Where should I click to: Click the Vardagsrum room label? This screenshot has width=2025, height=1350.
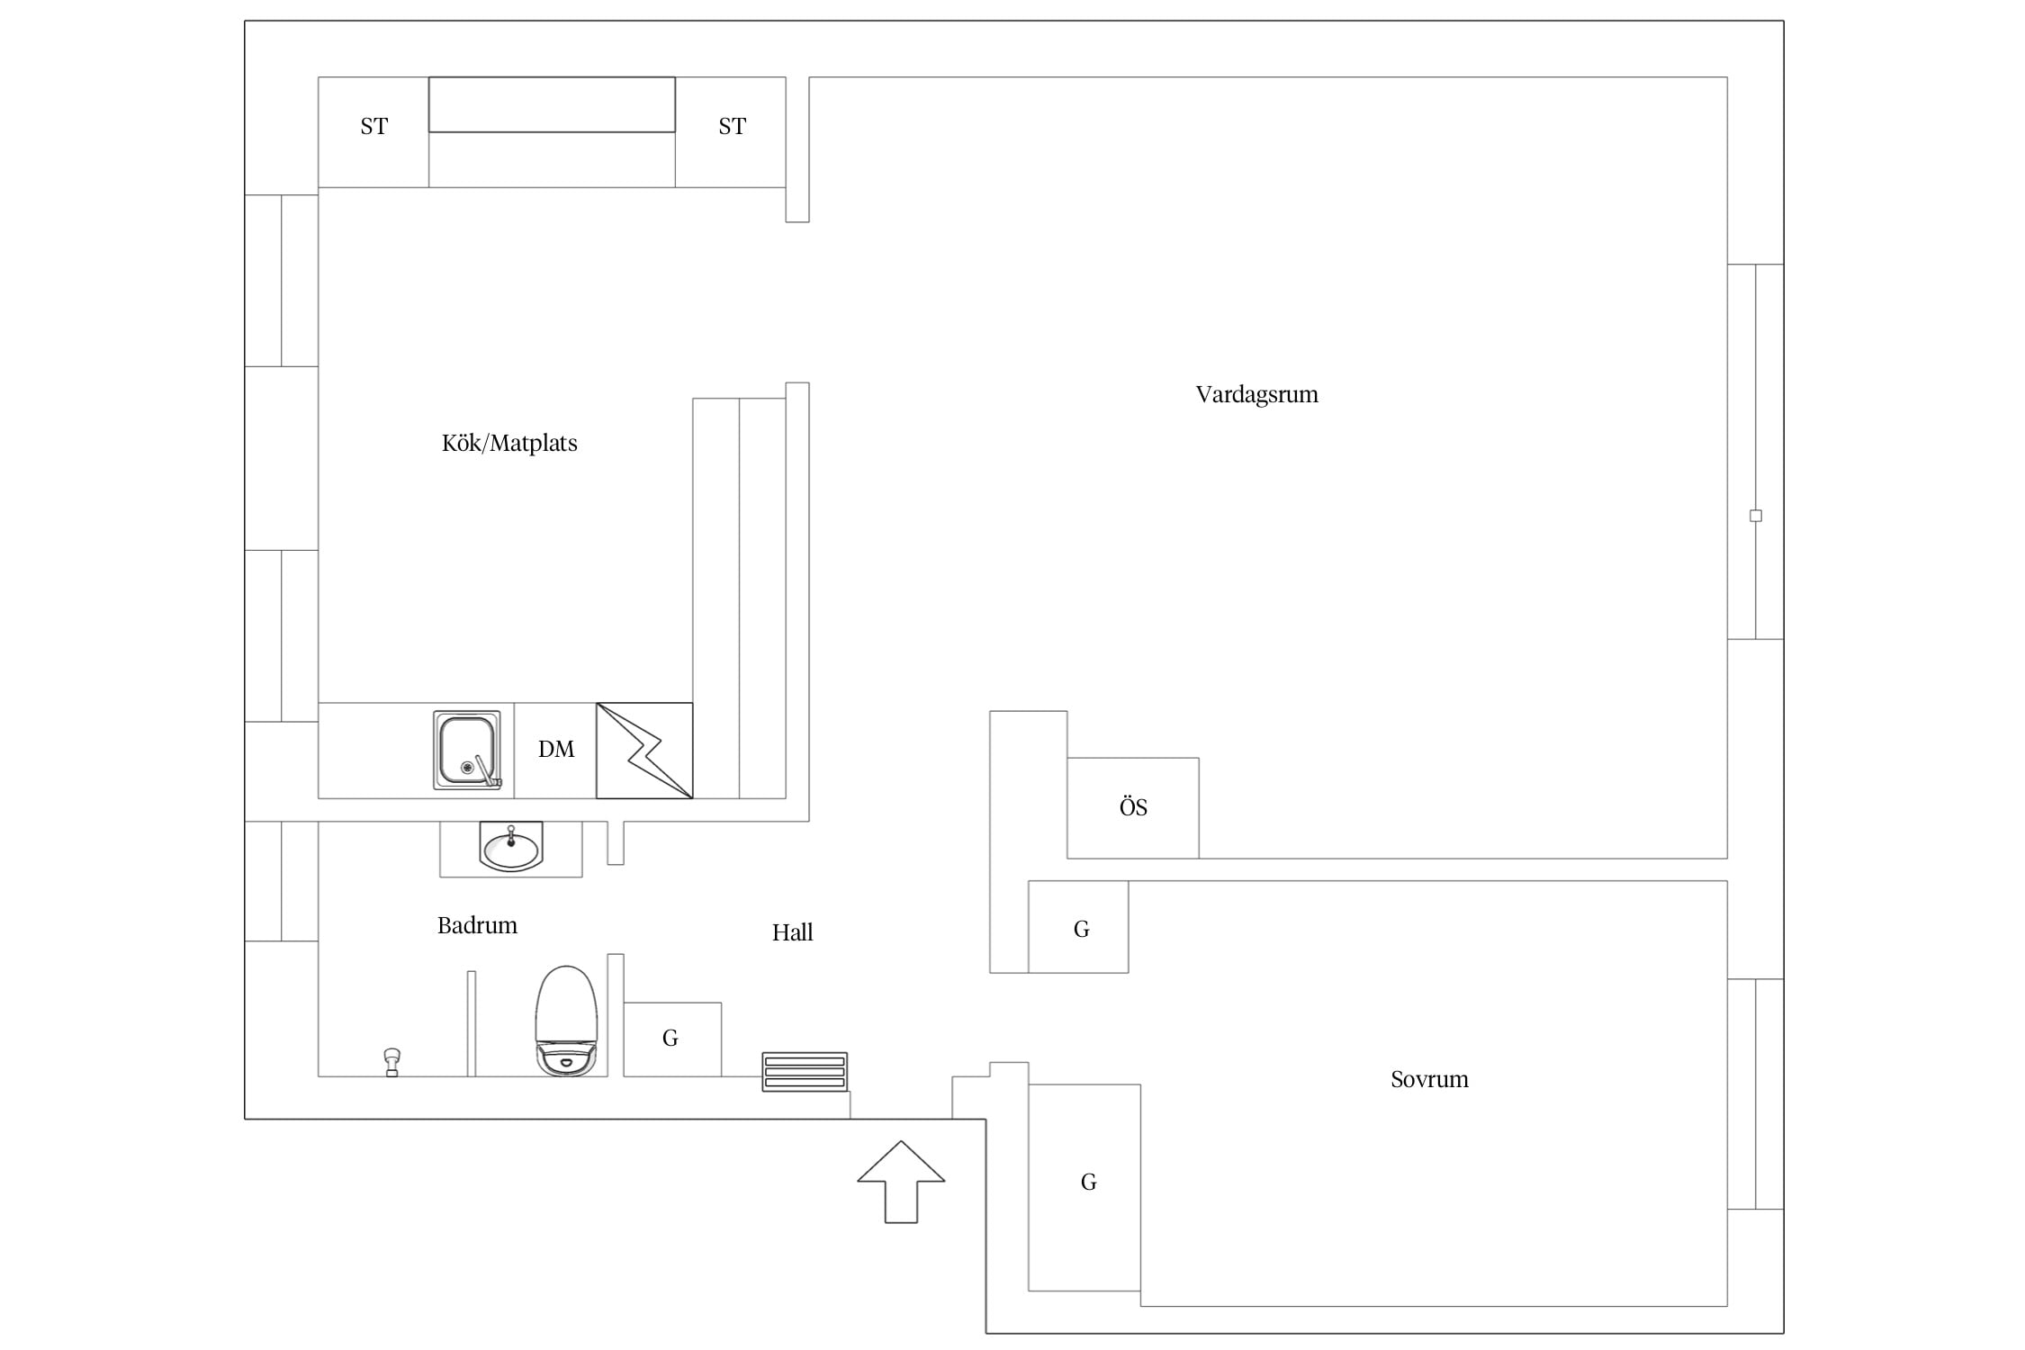point(1256,395)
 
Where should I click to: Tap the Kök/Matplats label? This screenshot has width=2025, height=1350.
point(509,443)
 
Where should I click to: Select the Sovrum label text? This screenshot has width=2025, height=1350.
point(1429,1079)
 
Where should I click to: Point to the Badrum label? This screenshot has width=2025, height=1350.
point(477,925)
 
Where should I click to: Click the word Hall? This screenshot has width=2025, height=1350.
point(792,932)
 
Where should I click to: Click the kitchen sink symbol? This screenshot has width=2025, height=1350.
point(467,750)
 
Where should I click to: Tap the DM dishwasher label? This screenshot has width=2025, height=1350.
point(556,750)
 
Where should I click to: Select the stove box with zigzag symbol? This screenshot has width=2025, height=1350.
point(644,751)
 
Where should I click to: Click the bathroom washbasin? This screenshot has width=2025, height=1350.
point(511,846)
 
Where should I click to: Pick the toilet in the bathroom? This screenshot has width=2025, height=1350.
point(566,1021)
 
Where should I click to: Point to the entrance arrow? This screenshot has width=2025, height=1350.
point(901,1182)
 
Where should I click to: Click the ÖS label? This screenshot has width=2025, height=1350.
point(1133,806)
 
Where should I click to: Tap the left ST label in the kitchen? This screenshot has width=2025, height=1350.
point(373,127)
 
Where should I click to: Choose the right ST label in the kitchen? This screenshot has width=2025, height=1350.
point(732,127)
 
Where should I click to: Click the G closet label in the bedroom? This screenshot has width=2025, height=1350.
point(1088,1182)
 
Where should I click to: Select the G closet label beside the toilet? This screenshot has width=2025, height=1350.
point(670,1039)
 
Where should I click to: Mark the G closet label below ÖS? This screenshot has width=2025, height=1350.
point(1082,929)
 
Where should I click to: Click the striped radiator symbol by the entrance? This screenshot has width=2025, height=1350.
point(805,1072)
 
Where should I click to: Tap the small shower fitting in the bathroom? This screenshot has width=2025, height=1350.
point(391,1062)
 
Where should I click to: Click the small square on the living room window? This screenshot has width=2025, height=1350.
point(1755,516)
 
